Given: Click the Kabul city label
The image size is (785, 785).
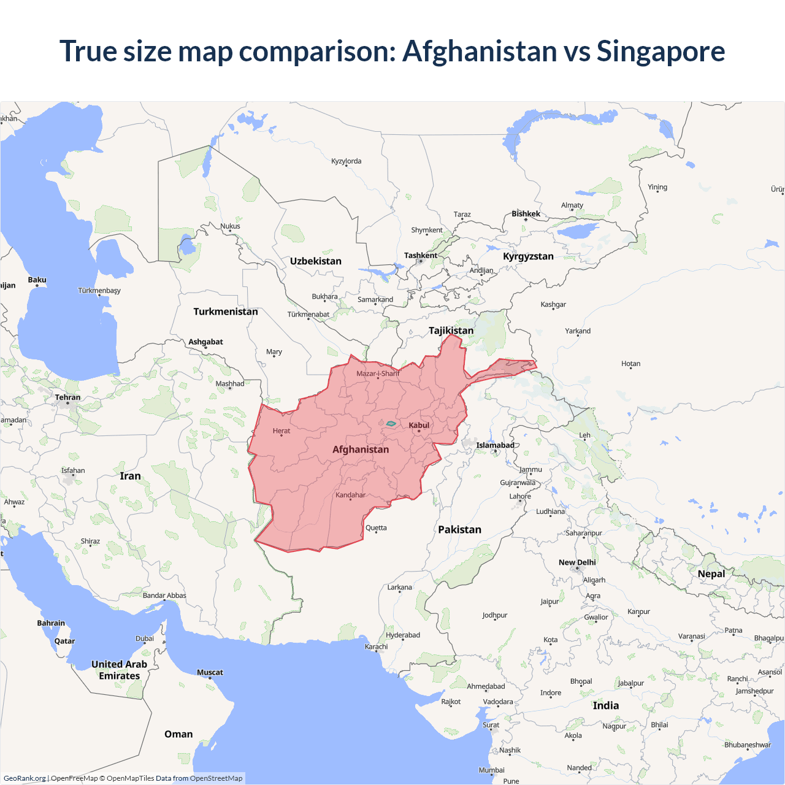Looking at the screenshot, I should point(419,425).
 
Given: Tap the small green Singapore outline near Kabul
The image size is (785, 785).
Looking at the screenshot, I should point(391,423).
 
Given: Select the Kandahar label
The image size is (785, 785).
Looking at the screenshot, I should point(350,495).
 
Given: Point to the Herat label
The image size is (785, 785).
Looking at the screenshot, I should point(281,431).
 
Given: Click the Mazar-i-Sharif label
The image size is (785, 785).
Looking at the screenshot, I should point(378,373).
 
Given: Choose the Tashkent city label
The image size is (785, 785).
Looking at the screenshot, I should point(421,255).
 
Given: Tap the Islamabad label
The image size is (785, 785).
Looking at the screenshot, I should point(495,445).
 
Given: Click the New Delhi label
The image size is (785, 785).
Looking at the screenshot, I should point(577,562).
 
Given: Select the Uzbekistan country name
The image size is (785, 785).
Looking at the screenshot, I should point(316,261).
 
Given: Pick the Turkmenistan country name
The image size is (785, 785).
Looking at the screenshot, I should point(226,312).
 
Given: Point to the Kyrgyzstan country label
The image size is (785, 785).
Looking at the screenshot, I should point(528,256).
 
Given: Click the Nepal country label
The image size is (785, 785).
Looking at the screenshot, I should point(711,574).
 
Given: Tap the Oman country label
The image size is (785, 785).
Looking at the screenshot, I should point(178,734).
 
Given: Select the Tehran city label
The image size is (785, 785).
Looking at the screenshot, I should point(67,397).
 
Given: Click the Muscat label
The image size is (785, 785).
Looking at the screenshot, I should point(210,673).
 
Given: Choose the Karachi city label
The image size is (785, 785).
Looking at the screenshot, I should point(377,646).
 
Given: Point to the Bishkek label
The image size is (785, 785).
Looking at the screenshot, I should point(526,214).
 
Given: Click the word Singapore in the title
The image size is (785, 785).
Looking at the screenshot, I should point(661,51).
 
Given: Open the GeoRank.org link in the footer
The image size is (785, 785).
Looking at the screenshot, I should point(25,778).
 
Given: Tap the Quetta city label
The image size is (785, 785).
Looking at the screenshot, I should point(376,528).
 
